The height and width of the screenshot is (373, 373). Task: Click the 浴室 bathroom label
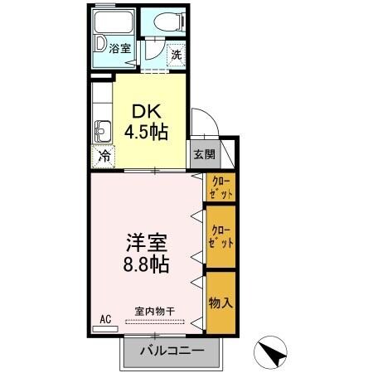pyautogui.click(x=121, y=48)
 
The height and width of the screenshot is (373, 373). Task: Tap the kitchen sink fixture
pyautogui.click(x=103, y=130)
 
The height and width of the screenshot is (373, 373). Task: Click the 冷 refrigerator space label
pyautogui.click(x=104, y=155)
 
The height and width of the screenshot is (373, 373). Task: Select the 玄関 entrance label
pyautogui.click(x=204, y=153)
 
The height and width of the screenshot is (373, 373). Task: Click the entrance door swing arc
pyautogui.click(x=204, y=122)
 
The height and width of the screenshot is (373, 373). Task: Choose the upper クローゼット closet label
pyautogui.click(x=220, y=187)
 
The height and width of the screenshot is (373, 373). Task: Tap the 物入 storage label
pyautogui.click(x=220, y=302)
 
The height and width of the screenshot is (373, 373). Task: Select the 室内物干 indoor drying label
pyautogui.click(x=155, y=310)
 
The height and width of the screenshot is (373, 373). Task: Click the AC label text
pyautogui.click(x=105, y=318)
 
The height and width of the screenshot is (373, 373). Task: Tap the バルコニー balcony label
pyautogui.click(x=172, y=351)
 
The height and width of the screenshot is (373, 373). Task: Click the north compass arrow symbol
pyautogui.click(x=273, y=351)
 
